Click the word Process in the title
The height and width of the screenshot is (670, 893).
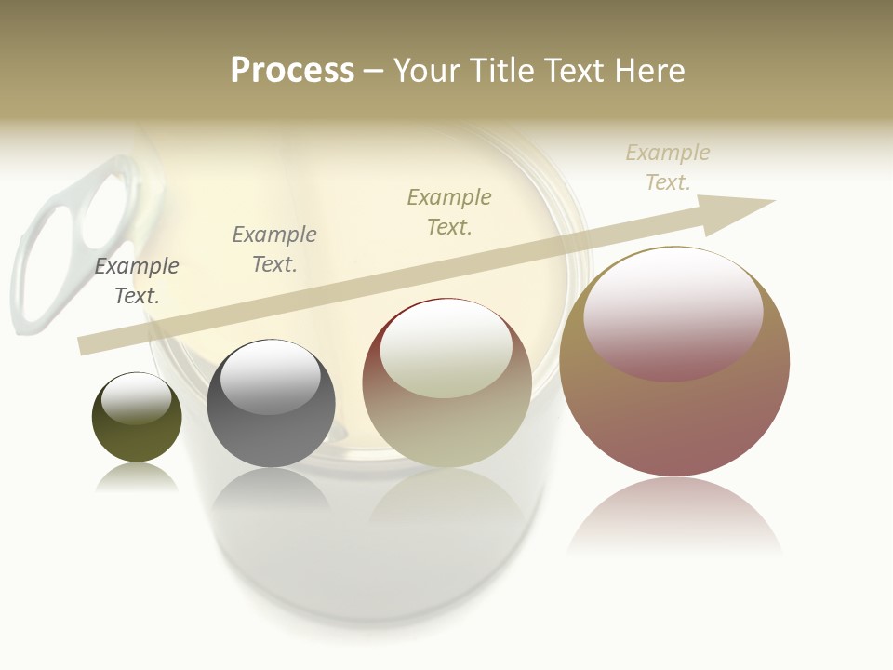click(x=292, y=71)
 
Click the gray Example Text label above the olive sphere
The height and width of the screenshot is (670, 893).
click(x=137, y=281)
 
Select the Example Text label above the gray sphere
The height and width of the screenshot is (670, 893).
click(x=273, y=249)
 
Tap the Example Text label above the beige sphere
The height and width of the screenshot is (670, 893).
click(x=449, y=212)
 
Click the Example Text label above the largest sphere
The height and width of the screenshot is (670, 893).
click(x=667, y=167)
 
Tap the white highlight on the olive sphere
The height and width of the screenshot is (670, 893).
click(x=136, y=397)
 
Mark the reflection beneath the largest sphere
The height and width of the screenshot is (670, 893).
click(x=674, y=516)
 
